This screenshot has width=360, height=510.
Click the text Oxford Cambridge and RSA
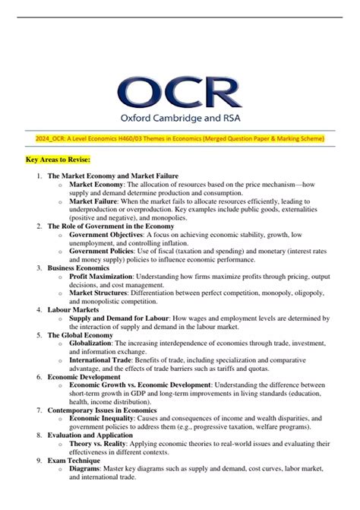(x=179, y=120)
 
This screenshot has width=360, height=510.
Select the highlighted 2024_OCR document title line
(x=180, y=138)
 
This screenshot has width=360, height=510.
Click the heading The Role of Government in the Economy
(x=111, y=226)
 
